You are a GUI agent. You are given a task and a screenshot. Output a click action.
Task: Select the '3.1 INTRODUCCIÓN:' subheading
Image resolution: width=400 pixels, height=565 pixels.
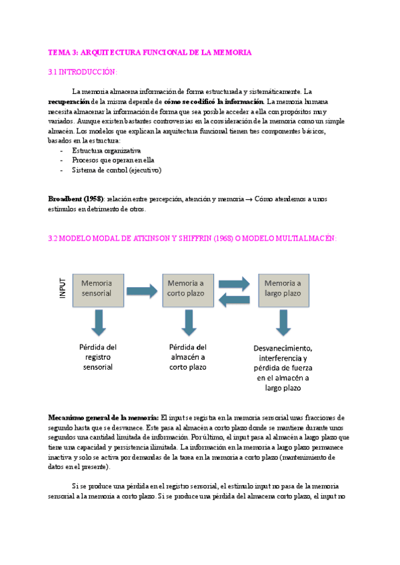pyautogui.click(x=82, y=72)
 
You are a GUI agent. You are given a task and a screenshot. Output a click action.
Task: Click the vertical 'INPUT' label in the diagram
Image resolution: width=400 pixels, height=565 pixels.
pyautogui.click(x=63, y=288)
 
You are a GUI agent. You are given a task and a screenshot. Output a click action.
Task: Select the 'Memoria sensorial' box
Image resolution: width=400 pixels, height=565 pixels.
pyautogui.click(x=97, y=288)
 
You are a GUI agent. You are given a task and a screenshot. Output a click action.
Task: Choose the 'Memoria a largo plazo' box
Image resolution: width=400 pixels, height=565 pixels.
pyautogui.click(x=283, y=288)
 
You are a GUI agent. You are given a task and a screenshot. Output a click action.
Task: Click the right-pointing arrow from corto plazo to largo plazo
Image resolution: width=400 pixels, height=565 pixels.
pyautogui.click(x=234, y=281)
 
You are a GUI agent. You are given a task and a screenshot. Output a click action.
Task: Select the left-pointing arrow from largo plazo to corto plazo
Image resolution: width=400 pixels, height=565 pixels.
pyautogui.click(x=234, y=300)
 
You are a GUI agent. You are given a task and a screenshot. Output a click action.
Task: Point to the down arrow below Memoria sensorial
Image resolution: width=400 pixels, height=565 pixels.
pyautogui.click(x=99, y=322)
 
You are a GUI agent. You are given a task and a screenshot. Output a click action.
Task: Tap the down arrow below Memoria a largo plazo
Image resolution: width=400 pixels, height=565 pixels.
pyautogui.click(x=283, y=322)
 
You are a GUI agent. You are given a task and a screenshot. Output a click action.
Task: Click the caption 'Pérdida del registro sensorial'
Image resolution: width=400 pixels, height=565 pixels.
pyautogui.click(x=98, y=356)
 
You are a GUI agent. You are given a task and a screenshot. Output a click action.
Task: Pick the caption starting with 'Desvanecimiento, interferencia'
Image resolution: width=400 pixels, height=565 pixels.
pyautogui.click(x=283, y=367)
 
